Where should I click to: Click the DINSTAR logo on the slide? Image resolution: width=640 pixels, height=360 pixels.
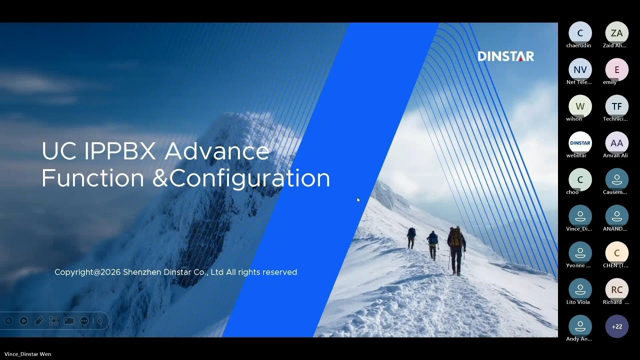[505, 56]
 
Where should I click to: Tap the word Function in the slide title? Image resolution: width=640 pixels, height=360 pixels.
[92, 178]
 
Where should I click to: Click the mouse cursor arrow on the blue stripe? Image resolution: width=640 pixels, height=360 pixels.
[358, 199]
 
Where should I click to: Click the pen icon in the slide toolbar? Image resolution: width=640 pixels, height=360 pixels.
[38, 321]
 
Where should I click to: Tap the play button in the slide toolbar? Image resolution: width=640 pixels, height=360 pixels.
[23, 321]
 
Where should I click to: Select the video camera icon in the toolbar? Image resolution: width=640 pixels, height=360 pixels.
[69, 321]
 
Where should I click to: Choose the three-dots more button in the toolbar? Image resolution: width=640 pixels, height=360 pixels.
[84, 321]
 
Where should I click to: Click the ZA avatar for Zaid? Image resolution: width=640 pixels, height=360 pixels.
[616, 33]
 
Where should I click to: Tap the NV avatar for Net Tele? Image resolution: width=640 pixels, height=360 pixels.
[580, 69]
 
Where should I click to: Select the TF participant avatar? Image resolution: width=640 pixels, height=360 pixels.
[616, 106]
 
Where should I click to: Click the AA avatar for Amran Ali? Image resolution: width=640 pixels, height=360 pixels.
[616, 143]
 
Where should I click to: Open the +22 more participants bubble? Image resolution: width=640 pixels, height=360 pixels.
[616, 326]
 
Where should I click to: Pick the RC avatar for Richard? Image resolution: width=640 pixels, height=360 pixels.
[616, 289]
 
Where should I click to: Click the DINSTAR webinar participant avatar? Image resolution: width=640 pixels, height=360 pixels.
[580, 143]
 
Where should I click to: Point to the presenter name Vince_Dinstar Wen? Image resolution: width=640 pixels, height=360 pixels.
[27, 354]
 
